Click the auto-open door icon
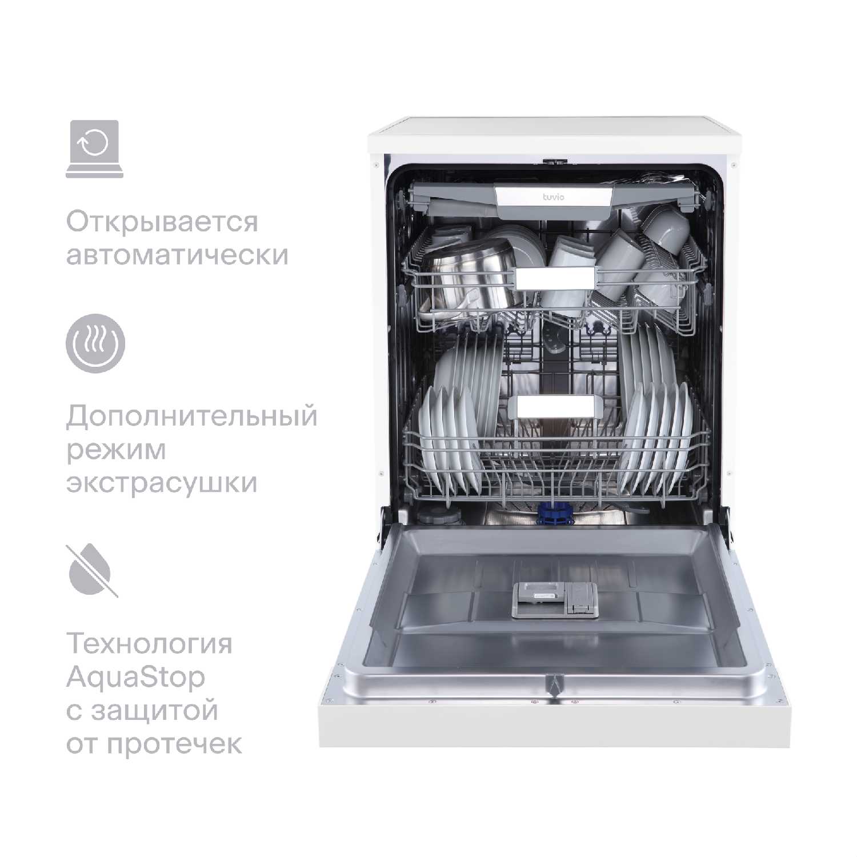click(94, 149)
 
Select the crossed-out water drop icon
click(93, 570)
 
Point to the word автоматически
click(177, 255)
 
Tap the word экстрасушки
click(162, 483)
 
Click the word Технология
click(150, 644)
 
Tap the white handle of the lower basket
click(555, 406)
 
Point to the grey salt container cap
click(438, 516)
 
